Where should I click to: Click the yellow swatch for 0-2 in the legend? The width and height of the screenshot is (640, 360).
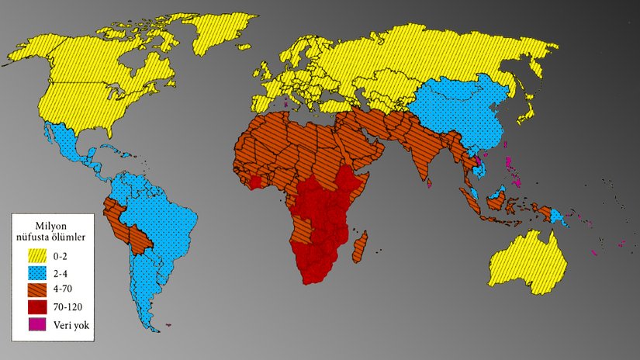39,255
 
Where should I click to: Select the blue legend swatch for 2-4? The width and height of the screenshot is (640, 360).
39,272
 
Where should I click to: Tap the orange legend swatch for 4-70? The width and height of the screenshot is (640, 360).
39,289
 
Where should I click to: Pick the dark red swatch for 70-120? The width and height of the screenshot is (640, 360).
39,306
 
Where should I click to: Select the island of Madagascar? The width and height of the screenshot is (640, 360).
360,247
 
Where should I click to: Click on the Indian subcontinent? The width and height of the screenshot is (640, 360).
423,151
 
